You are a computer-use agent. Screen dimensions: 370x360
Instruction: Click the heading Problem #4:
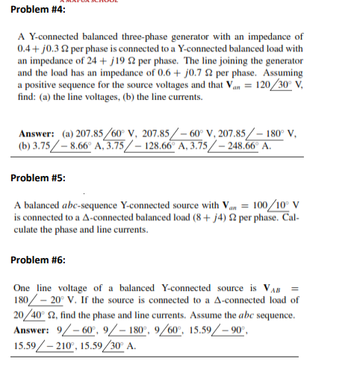pyautogui.click(x=38, y=10)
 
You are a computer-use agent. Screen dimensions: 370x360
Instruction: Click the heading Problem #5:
pyautogui.click(x=38, y=179)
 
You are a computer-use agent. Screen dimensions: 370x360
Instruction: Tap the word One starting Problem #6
pyautogui.click(x=23, y=287)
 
